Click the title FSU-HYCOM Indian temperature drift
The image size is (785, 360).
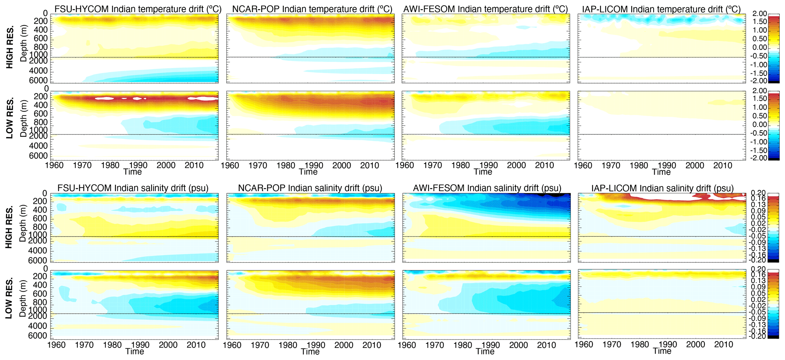click(x=138, y=9)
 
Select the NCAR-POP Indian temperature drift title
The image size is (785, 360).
click(x=312, y=9)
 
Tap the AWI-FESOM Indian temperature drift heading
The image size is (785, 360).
click(x=486, y=9)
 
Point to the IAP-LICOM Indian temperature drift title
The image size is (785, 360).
click(x=661, y=9)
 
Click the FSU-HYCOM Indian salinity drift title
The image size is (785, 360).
click(x=133, y=188)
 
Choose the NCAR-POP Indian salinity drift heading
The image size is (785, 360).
click(x=310, y=188)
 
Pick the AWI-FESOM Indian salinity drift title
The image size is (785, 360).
click(x=487, y=188)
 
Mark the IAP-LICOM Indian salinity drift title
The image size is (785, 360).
click(x=662, y=188)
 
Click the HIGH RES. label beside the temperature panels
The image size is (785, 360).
click(x=10, y=47)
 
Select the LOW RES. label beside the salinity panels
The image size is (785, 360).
click(x=10, y=298)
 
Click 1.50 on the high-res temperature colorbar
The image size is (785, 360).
click(x=760, y=22)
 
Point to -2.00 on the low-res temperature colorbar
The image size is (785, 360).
click(x=760, y=158)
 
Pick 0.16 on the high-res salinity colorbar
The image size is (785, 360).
click(x=758, y=199)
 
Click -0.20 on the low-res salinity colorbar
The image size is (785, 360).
click(x=758, y=336)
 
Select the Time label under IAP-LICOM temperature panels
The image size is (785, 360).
click(x=661, y=172)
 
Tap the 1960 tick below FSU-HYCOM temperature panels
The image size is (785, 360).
click(x=54, y=165)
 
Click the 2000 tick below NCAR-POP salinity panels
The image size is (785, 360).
click(x=344, y=345)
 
